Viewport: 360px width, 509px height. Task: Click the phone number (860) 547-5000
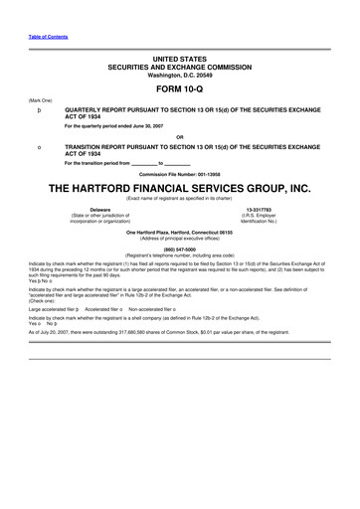click(180, 251)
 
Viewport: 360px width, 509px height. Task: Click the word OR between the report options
click(180, 136)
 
